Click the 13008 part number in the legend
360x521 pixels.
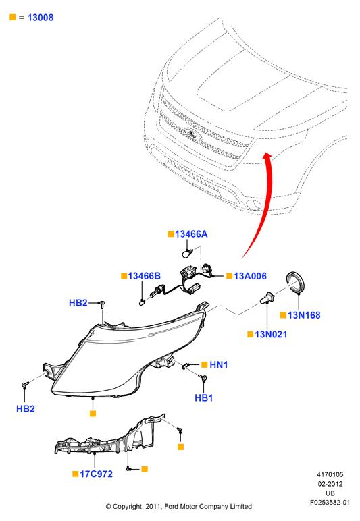pyautogui.click(x=41, y=18)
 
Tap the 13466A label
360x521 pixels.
pyautogui.click(x=191, y=234)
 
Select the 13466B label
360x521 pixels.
pyautogui.click(x=145, y=276)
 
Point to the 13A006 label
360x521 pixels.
pyautogui.click(x=250, y=276)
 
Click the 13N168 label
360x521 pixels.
pyautogui.click(x=304, y=315)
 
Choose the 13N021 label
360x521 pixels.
pyautogui.click(x=271, y=334)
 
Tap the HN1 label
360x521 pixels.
pyautogui.click(x=218, y=365)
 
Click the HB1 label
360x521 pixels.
pyautogui.click(x=203, y=397)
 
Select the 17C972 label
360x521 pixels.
pyautogui.click(x=96, y=474)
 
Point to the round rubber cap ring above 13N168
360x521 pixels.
pyautogui.click(x=296, y=282)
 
